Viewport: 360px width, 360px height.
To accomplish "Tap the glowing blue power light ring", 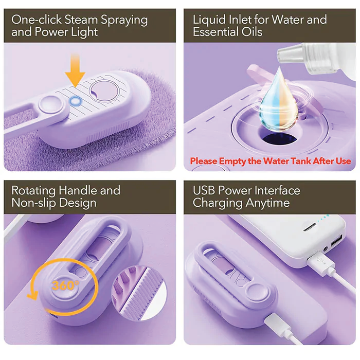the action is coord(76,101).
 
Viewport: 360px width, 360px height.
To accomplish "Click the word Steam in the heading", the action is coord(81,20).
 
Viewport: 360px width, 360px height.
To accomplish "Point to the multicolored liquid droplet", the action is coord(278,102).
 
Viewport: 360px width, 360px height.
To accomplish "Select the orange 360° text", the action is coord(65,285).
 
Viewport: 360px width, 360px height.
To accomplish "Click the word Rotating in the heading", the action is coord(33,191).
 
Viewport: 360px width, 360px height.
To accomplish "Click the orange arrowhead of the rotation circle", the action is coord(32,295).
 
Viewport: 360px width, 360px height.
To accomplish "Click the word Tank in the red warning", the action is coord(300,161).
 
